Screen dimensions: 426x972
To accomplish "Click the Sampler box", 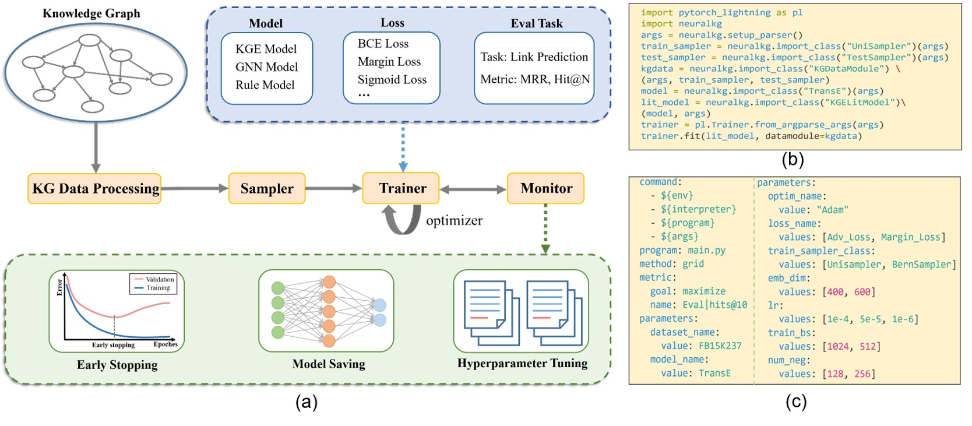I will point(267,188).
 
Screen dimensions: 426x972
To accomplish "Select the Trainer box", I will point(401,188).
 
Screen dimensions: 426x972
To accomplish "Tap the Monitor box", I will point(545,188).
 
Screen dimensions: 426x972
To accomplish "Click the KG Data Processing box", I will point(94,188).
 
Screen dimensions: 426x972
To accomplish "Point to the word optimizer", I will point(454,220).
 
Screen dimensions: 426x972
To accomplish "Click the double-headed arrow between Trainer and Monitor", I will point(473,189).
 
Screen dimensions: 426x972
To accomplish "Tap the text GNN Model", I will point(266,67).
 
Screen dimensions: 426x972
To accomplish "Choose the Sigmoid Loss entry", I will point(392,79).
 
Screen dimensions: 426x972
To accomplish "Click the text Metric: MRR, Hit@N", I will point(535,79).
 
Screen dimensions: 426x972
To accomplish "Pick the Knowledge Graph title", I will point(91,13).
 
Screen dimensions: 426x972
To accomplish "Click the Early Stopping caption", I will point(117,365).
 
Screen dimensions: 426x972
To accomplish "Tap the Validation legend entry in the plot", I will point(159,279).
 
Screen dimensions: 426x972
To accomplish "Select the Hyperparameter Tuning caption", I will point(522,363).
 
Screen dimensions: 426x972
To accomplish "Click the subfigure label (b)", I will point(793,159).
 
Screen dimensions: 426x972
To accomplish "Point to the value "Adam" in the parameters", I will point(832,210).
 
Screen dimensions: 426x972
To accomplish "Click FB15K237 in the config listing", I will point(720,346).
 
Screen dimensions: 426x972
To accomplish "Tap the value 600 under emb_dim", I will point(862,292).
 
